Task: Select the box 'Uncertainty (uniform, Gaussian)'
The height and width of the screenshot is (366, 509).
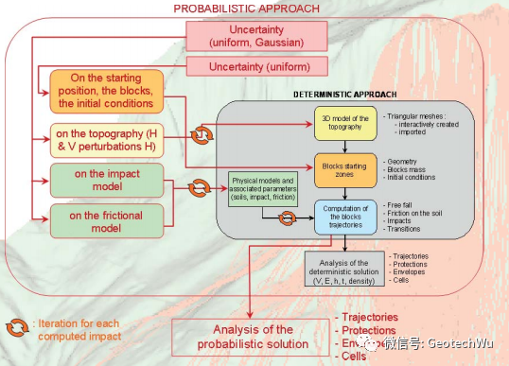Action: pyautogui.click(x=248, y=35)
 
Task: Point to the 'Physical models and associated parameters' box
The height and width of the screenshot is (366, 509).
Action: pyautogui.click(x=262, y=188)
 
